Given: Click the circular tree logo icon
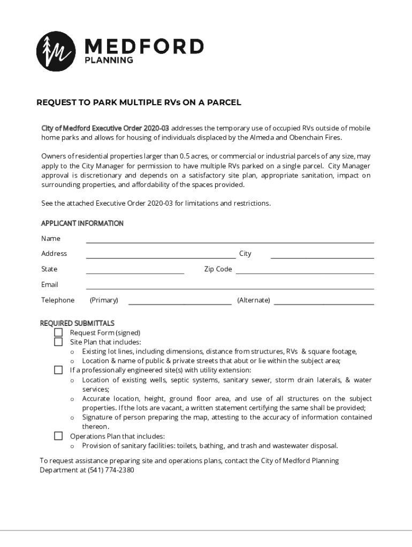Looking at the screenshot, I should (56, 51).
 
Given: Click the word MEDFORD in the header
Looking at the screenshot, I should (144, 46).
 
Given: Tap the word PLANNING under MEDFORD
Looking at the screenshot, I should (109, 60).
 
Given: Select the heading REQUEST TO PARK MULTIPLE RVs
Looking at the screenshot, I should (139, 102).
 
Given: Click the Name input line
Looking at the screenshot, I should (230, 239).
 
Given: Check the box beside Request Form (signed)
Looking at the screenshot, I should (58, 332).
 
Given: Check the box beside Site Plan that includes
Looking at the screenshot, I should (58, 342).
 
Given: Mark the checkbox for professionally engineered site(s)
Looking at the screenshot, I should (58, 370).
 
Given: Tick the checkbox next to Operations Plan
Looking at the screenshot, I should (58, 436).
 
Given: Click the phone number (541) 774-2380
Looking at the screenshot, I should (111, 471).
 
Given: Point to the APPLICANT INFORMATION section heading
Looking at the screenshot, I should (82, 223).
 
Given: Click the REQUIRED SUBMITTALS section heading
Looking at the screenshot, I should (78, 323).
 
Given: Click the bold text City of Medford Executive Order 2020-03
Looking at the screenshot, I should (105, 128).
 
